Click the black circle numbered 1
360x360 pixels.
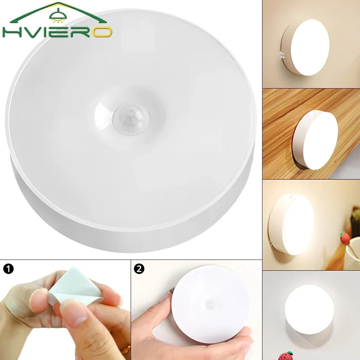tap(8, 269)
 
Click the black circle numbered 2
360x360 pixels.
tap(139, 269)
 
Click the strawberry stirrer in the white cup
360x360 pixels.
tap(346, 238)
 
